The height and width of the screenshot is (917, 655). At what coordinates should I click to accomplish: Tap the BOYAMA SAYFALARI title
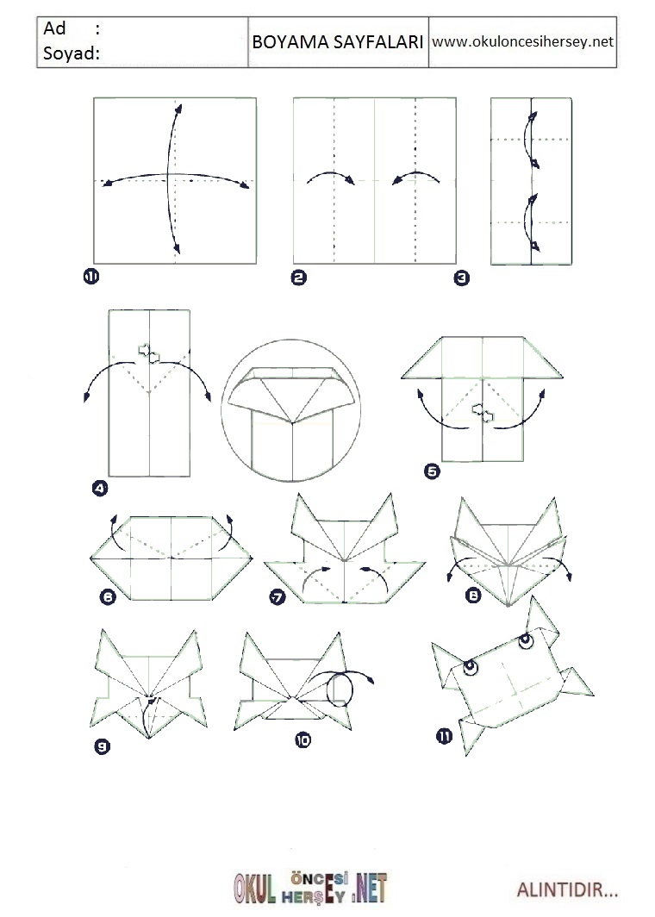pos(338,42)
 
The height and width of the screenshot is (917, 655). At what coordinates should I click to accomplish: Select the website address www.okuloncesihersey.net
pos(522,41)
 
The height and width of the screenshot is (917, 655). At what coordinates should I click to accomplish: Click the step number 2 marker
pos(298,278)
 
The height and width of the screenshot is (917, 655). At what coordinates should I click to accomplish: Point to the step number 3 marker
pos(461,278)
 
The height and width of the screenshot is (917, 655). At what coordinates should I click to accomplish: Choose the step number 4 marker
pos(100,488)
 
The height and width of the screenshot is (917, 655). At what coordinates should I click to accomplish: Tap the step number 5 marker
pos(432,471)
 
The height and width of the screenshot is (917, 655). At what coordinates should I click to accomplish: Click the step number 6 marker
pos(109,596)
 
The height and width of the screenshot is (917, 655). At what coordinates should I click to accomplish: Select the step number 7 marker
pos(278,596)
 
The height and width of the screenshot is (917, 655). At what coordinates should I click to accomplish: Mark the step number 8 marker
pos(472,596)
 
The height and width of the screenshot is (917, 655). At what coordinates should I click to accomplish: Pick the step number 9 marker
pos(102,746)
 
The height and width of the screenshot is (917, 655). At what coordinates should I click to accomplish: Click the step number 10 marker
pos(303,740)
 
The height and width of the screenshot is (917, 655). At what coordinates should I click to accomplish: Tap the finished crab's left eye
pos(469,667)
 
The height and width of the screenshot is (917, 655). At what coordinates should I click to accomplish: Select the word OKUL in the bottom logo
pos(255,889)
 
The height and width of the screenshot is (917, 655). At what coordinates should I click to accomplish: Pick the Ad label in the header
pos(55,28)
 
